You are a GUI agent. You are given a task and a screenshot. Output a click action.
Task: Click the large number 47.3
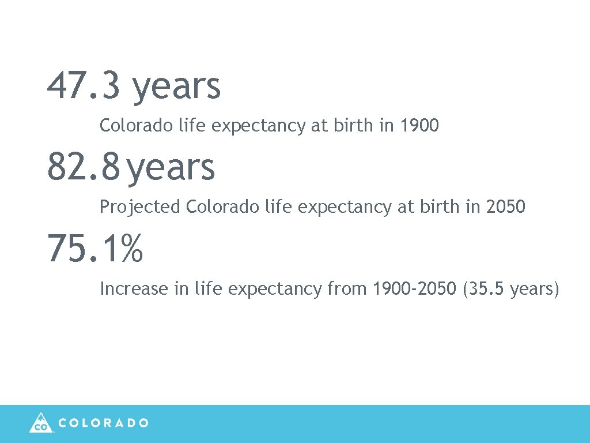(x=84, y=86)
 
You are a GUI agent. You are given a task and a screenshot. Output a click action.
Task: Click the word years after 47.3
(x=176, y=88)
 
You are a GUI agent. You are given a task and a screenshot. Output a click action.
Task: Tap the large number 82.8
(x=84, y=167)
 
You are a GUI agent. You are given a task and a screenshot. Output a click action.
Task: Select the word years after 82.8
(x=171, y=169)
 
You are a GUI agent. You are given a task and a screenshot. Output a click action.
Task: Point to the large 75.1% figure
(x=95, y=249)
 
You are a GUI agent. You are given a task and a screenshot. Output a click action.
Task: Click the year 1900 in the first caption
(x=420, y=125)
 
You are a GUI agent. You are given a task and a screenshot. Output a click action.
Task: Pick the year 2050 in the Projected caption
(x=506, y=207)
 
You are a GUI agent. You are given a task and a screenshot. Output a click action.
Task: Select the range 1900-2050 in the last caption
(x=414, y=288)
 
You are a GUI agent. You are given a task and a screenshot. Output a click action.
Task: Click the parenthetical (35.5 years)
(x=510, y=289)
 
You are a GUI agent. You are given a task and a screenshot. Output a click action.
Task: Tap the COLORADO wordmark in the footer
(x=104, y=423)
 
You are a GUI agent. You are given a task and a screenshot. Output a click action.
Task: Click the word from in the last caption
(x=347, y=288)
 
